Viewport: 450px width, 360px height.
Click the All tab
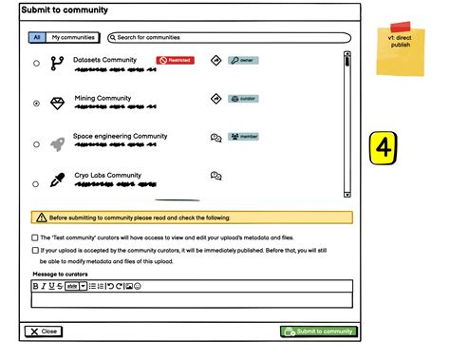(x=37, y=38)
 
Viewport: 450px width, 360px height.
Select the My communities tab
(x=73, y=38)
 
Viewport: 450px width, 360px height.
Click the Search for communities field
(x=228, y=38)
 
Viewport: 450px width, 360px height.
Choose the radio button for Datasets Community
(x=36, y=64)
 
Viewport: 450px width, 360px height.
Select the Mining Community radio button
(x=36, y=103)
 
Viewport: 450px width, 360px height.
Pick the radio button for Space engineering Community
(x=36, y=144)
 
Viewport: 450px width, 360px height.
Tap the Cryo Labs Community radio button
(x=36, y=183)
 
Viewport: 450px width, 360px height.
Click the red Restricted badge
(x=176, y=60)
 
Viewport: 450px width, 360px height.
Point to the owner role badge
(x=243, y=60)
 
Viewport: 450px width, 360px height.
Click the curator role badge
(x=244, y=98)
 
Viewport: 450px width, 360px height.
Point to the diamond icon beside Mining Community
(x=57, y=102)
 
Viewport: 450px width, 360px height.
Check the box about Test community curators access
(x=35, y=237)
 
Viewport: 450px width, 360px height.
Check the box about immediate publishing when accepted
(x=35, y=251)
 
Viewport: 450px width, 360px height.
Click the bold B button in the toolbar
(x=36, y=286)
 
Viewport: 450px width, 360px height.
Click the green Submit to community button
(x=319, y=332)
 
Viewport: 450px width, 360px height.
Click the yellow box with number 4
(x=384, y=148)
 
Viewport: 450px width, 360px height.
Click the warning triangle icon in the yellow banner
(x=41, y=218)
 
